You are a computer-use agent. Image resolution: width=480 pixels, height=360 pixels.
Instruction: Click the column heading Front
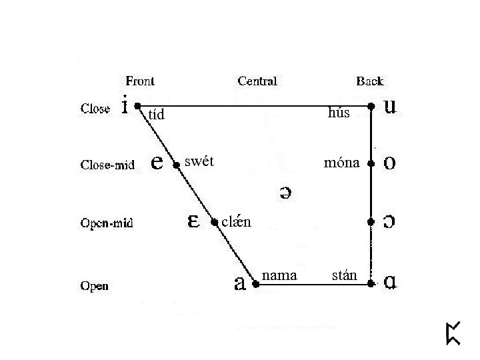(x=140, y=81)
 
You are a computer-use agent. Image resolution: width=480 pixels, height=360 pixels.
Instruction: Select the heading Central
(x=257, y=81)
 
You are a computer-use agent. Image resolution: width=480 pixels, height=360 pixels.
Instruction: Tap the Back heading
(x=370, y=81)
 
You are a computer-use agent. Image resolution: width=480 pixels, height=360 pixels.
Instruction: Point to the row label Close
(x=95, y=108)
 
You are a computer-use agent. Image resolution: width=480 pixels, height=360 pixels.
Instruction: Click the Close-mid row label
(x=107, y=165)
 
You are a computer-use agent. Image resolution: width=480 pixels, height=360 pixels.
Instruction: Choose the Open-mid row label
(x=107, y=223)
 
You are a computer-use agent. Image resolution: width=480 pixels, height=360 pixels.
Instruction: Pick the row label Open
(x=95, y=287)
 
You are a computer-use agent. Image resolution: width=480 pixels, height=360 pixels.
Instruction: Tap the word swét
(x=199, y=161)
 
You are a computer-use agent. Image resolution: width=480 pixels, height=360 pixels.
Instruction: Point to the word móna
(x=341, y=163)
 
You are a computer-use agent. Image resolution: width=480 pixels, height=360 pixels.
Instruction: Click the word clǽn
(x=236, y=222)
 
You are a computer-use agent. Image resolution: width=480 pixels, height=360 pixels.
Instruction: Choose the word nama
(x=280, y=275)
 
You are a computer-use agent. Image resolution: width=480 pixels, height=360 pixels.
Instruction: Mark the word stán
(x=345, y=275)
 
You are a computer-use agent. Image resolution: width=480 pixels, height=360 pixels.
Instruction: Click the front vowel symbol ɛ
(x=194, y=221)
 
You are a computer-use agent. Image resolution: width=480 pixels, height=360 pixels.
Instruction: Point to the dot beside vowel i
(x=137, y=105)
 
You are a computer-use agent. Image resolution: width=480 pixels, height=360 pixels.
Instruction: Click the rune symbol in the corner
(x=453, y=333)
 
